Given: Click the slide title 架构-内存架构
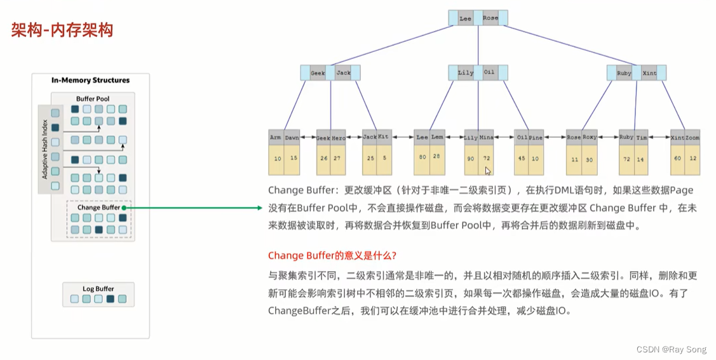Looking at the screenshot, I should [62, 30].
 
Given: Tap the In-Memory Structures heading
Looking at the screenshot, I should [90, 81].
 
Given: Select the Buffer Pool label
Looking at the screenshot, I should [93, 99].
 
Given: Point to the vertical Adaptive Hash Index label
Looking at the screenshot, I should [44, 149].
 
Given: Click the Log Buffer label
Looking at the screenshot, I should [97, 289].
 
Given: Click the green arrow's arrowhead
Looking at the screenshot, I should [259, 208].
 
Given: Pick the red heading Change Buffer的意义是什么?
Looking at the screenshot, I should [332, 255].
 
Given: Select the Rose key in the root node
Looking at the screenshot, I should [490, 18].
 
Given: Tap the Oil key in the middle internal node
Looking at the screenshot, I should [489, 72].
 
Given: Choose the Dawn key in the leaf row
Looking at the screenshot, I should [292, 137].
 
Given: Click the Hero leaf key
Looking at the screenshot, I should [339, 138].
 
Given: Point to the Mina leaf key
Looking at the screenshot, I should [486, 137].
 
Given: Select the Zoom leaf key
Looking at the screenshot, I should [692, 137].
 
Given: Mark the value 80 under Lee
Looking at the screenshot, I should [422, 156].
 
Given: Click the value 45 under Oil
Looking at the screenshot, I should [522, 158].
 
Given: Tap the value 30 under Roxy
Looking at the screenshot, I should [589, 160].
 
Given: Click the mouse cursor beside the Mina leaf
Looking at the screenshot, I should [488, 171].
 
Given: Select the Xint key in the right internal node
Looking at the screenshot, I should [649, 73].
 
